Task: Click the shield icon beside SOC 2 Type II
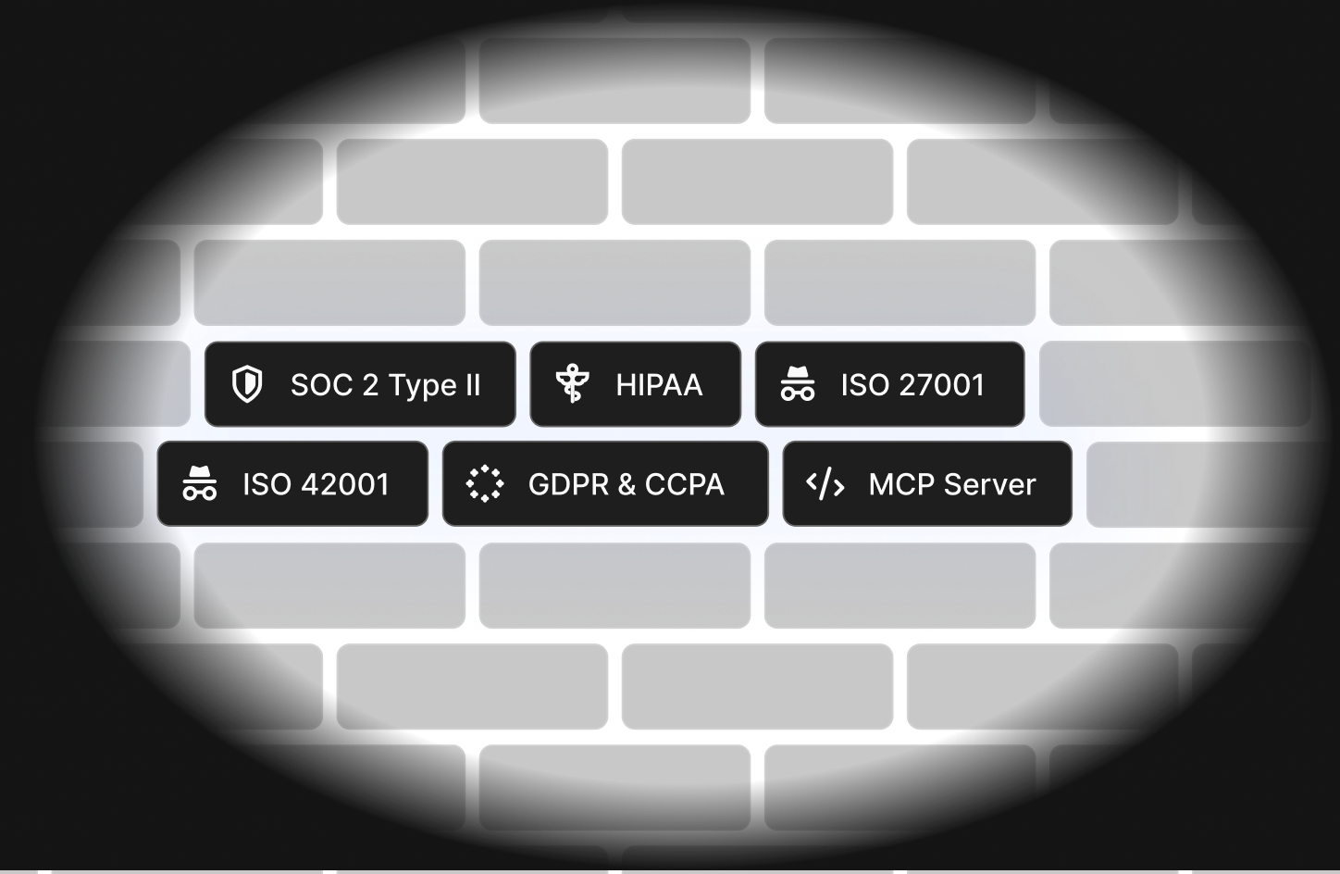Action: (x=247, y=384)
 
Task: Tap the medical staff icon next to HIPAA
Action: (x=572, y=384)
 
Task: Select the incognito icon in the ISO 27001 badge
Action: (x=797, y=384)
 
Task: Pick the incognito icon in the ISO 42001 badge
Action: (x=199, y=483)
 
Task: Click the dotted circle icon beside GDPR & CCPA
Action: (x=484, y=483)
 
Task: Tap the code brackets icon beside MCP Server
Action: (x=825, y=483)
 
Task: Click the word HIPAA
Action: (x=659, y=385)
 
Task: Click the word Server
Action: (x=991, y=484)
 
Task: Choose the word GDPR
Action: (x=568, y=484)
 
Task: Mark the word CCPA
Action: (x=685, y=484)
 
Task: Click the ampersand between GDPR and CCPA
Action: (x=627, y=484)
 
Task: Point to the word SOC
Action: (x=321, y=385)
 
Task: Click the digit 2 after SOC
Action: (x=370, y=385)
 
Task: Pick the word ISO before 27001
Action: (x=864, y=385)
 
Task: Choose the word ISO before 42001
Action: (x=266, y=484)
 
